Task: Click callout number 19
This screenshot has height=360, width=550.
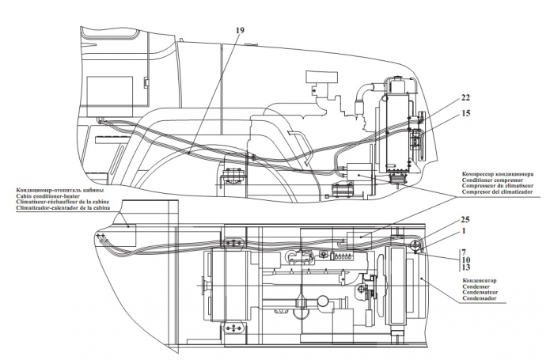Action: tap(240, 31)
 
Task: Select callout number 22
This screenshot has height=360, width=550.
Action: tap(465, 98)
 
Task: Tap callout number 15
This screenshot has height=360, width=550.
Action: tap(465, 113)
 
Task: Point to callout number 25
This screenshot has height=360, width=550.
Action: tap(465, 220)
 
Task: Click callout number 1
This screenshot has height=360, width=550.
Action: tap(464, 231)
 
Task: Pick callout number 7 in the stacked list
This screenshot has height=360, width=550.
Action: tap(464, 252)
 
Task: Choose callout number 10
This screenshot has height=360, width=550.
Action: tap(466, 260)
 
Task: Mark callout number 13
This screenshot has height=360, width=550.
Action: tap(466, 267)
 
